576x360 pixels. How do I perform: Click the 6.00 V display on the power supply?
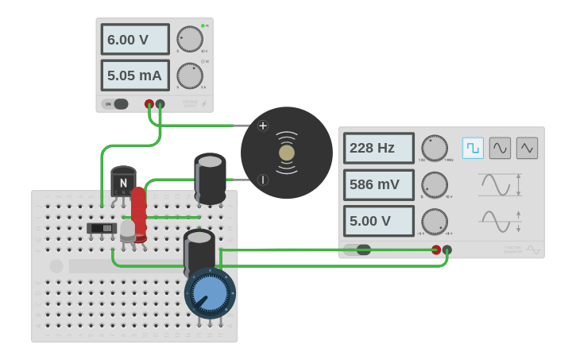(x=135, y=39)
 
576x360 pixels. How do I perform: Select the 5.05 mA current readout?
(x=135, y=75)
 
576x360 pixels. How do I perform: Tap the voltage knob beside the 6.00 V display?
(x=190, y=39)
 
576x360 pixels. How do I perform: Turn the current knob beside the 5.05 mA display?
(x=190, y=75)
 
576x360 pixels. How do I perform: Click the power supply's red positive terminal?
(x=149, y=104)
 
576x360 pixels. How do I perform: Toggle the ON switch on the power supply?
(x=116, y=104)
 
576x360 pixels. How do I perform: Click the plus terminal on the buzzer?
(x=263, y=126)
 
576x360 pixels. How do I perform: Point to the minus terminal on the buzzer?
(x=263, y=180)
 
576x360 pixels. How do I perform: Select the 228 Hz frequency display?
(x=379, y=148)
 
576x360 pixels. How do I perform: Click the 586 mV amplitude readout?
(x=379, y=184)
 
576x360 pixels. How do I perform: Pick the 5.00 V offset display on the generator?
(x=379, y=221)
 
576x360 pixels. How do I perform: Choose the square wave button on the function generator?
(x=474, y=148)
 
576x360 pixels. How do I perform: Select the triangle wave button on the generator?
(x=527, y=148)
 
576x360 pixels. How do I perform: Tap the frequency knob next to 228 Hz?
(x=435, y=148)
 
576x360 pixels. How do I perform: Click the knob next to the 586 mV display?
(x=435, y=184)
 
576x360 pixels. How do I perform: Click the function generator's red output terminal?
(x=436, y=250)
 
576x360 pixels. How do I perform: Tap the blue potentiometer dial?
(x=211, y=293)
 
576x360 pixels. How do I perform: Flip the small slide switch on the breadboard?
(x=102, y=229)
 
